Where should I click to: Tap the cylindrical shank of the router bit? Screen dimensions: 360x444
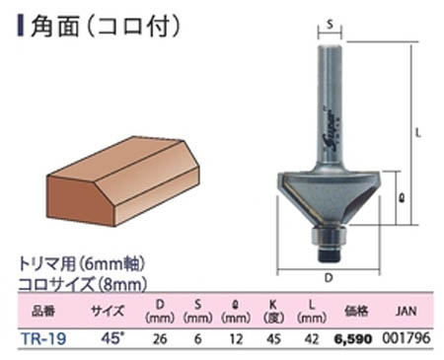pyautogui.click(x=327, y=108)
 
